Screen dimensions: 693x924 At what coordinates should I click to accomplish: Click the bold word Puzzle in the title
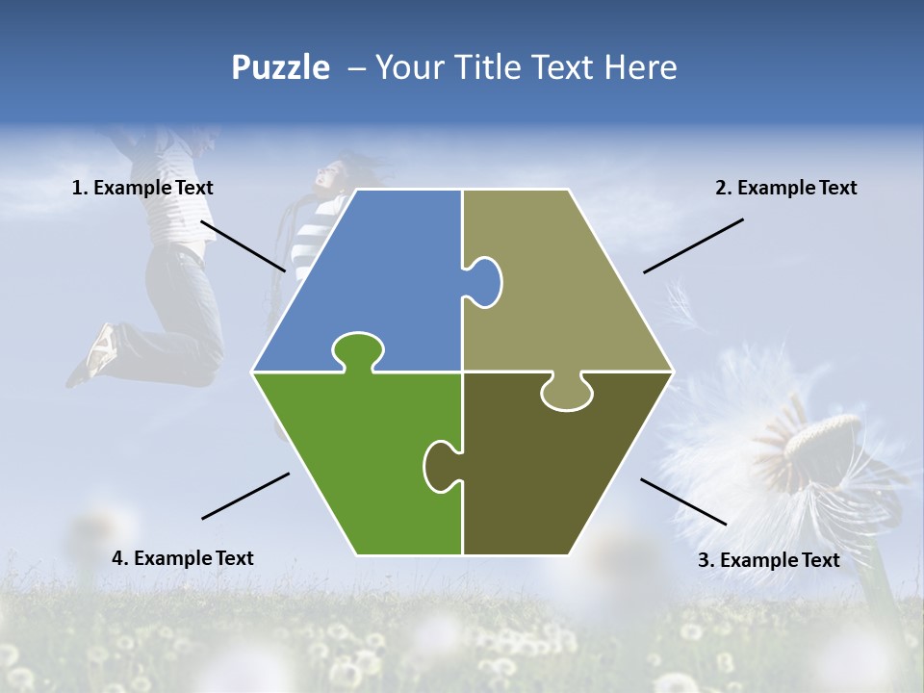click(x=280, y=67)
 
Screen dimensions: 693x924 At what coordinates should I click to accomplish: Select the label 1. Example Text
click(x=142, y=189)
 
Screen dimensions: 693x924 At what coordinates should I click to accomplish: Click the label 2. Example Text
click(x=785, y=189)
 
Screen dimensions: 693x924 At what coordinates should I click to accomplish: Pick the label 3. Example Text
click(x=768, y=560)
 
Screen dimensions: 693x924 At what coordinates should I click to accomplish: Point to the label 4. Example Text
click(x=183, y=558)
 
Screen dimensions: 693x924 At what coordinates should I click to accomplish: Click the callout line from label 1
click(x=243, y=245)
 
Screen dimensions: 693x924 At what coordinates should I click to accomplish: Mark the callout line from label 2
click(x=693, y=245)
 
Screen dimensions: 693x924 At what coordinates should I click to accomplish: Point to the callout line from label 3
click(x=683, y=501)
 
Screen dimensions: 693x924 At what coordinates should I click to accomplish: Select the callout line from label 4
click(x=245, y=496)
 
